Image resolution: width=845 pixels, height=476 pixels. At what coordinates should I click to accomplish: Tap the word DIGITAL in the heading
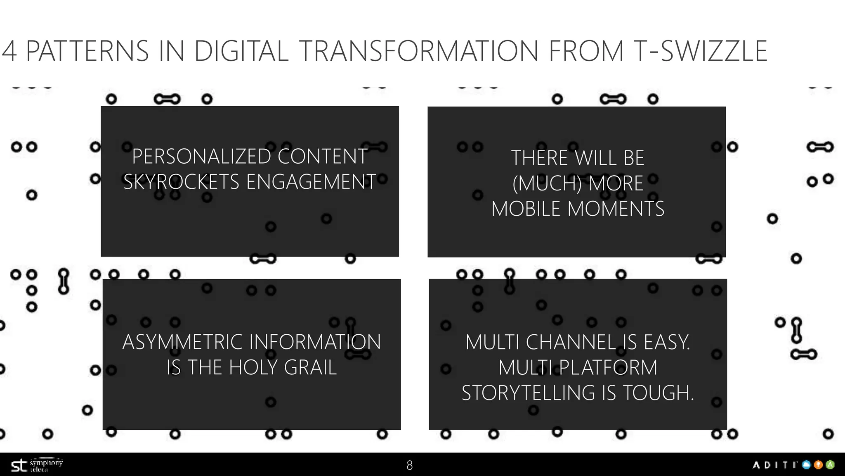241,51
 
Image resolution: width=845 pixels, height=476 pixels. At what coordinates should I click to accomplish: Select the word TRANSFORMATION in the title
418,51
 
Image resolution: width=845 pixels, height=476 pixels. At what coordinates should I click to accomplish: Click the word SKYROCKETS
181,182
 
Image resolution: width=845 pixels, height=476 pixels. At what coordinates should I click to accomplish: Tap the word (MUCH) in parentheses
547,183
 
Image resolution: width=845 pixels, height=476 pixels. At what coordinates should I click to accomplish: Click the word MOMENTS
616,209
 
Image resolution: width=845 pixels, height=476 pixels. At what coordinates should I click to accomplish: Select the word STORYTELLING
529,393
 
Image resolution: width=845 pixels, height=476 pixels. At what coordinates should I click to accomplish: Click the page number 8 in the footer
409,466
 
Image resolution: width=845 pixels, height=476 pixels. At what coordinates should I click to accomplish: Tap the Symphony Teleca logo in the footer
36,466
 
